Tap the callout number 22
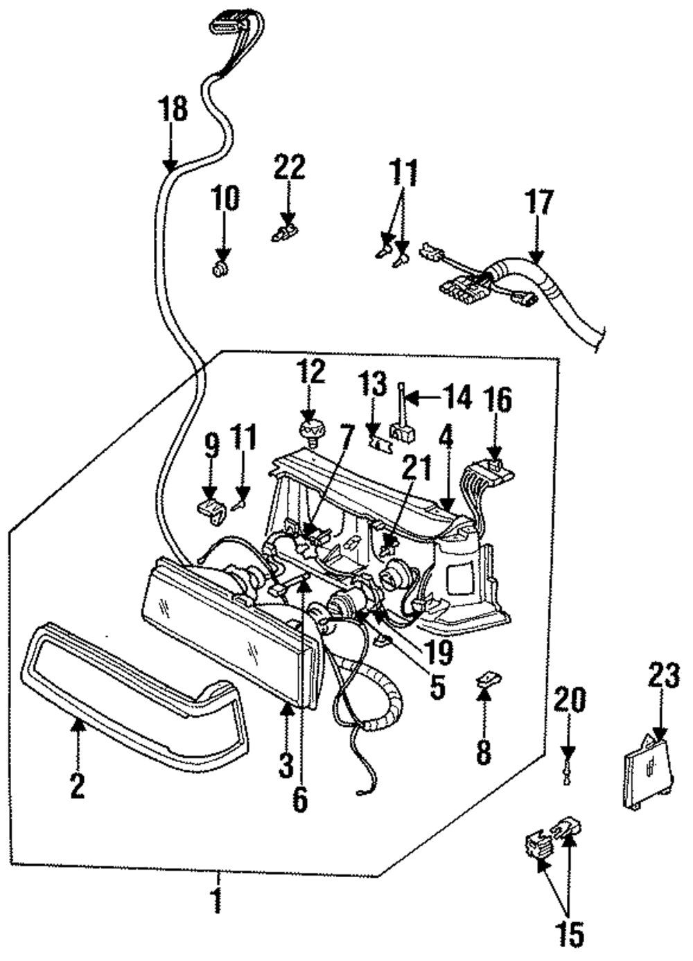290,167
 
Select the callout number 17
540,202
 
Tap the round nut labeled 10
221,270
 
